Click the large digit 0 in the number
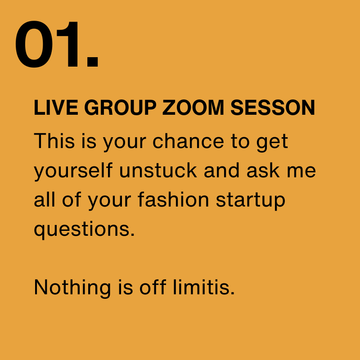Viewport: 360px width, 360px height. [x=34, y=44]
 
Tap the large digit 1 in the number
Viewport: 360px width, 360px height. [x=68, y=44]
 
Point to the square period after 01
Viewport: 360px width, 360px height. [x=93, y=61]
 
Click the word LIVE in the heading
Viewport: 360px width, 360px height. [x=56, y=108]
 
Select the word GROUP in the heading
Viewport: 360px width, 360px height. [x=120, y=108]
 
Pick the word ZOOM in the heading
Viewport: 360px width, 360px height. [x=193, y=108]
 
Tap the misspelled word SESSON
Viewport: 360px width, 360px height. [x=273, y=108]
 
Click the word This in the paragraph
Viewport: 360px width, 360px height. [x=54, y=140]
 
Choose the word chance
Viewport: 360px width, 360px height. [x=188, y=140]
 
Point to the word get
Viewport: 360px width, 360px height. [x=272, y=142]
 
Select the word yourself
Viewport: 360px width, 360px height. [x=73, y=171]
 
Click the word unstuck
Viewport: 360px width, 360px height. [x=158, y=170]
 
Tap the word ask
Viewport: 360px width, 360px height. [x=263, y=170]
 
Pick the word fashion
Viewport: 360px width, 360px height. [x=173, y=199]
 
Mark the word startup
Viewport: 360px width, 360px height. [x=251, y=201]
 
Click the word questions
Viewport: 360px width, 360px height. [x=84, y=230]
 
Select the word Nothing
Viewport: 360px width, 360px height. [x=72, y=288]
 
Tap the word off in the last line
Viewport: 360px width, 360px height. [x=153, y=287]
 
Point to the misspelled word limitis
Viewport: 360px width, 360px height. [x=204, y=287]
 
